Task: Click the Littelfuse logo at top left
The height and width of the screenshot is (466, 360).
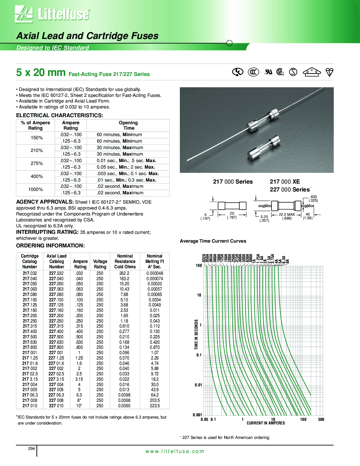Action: pyautogui.click(x=53, y=14)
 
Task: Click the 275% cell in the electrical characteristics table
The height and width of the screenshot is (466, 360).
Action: pyautogui.click(x=37, y=164)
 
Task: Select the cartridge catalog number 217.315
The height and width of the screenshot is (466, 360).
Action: pyautogui.click(x=30, y=326)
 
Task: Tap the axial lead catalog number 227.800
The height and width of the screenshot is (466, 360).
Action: pyautogui.click(x=56, y=347)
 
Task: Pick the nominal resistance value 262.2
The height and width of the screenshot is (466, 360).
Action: pyautogui.click(x=124, y=273)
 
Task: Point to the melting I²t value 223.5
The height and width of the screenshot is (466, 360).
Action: pyautogui.click(x=155, y=406)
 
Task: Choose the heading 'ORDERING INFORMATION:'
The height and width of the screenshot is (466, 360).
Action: pyautogui.click(x=50, y=246)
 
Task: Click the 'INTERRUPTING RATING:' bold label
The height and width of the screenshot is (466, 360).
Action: pyautogui.click(x=47, y=232)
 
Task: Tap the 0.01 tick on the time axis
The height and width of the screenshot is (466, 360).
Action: pyautogui.click(x=198, y=385)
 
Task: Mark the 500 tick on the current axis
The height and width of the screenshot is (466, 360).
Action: pyautogui.click(x=321, y=419)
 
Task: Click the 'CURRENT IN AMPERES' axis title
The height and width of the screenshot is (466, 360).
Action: pyautogui.click(x=266, y=423)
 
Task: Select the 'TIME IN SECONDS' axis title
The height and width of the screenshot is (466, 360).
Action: pyautogui.click(x=196, y=334)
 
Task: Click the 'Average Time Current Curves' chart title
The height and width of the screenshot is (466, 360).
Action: pyautogui.click(x=213, y=241)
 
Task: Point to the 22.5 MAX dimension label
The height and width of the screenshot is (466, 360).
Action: pyautogui.click(x=287, y=215)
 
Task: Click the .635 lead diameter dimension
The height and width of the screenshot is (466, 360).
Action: pyautogui.click(x=313, y=197)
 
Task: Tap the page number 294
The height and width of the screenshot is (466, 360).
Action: pyautogui.click(x=32, y=448)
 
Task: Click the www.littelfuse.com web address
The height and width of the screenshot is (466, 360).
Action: pyautogui.click(x=175, y=451)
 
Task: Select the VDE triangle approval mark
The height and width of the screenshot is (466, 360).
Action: pyautogui.click(x=312, y=72)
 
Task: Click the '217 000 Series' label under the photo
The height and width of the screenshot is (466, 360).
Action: pyautogui.click(x=233, y=182)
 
